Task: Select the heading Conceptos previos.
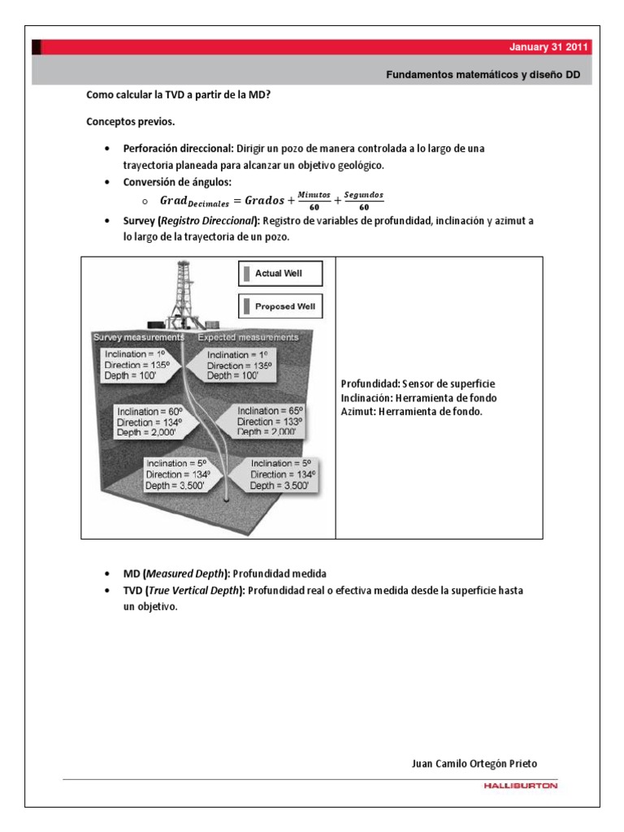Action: click(x=130, y=122)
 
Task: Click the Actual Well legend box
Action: click(x=280, y=274)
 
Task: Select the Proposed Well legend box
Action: click(x=280, y=306)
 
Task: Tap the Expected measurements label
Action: click(x=248, y=336)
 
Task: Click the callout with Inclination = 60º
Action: click(x=161, y=422)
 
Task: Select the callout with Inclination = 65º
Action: click(x=269, y=422)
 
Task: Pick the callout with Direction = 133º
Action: click(x=269, y=422)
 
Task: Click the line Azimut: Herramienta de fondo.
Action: click(x=412, y=411)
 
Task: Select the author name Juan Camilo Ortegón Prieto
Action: click(x=474, y=764)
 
